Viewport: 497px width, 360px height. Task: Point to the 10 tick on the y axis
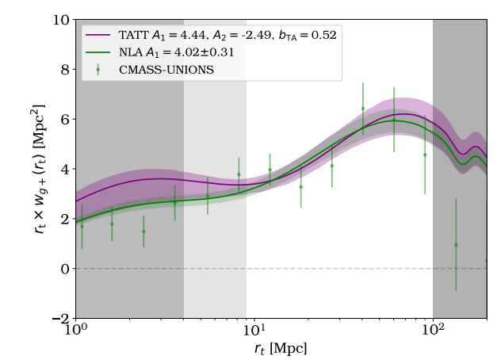point(60,19)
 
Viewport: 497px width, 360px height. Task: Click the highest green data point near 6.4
point(363,109)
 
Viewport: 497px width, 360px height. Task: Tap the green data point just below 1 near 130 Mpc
point(456,245)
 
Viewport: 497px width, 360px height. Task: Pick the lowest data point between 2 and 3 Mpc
point(143,232)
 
